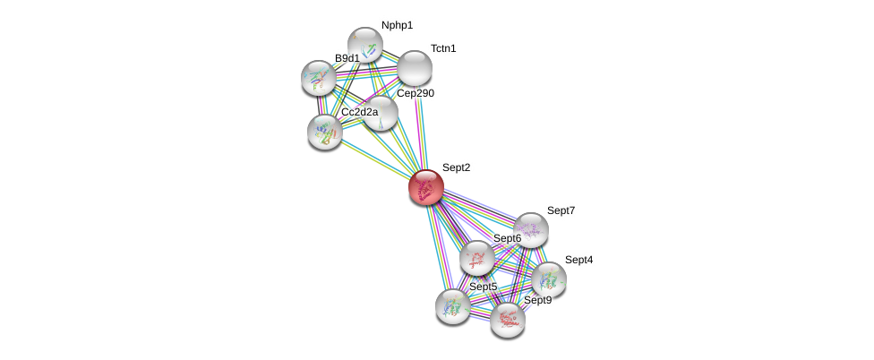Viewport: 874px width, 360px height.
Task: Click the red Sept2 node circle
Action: coord(426,188)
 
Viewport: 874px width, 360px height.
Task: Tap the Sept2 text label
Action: coord(456,167)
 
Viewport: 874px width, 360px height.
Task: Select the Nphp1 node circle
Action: coord(364,44)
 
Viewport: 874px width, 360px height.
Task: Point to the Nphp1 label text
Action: coord(397,25)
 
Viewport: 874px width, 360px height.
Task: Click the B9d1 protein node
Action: coord(318,78)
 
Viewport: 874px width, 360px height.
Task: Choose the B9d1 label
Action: coord(347,58)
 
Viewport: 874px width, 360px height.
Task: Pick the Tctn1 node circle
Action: coord(415,68)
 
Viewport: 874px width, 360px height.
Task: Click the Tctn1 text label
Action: coord(442,48)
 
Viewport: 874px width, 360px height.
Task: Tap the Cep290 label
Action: coord(416,93)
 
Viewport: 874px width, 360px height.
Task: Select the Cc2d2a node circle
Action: coord(324,132)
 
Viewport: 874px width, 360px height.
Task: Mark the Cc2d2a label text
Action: coord(359,112)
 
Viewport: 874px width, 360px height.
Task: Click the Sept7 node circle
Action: coord(531,230)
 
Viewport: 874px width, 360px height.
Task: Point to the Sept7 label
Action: coord(561,210)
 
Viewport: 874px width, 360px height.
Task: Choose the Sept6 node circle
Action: coord(477,258)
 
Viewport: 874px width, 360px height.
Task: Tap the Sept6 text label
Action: coord(507,238)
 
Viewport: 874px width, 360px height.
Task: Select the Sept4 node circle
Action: coord(549,279)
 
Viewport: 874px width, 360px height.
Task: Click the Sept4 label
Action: coord(578,260)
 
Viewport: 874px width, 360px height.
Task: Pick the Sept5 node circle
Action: coord(453,305)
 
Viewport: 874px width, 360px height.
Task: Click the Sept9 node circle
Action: coord(508,319)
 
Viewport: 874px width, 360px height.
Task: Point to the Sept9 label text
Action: coord(537,300)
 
